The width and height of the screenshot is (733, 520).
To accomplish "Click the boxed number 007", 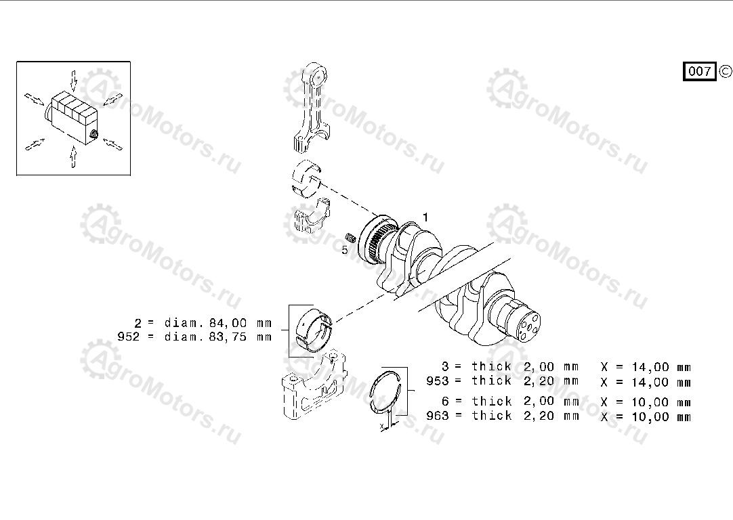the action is click(699, 72).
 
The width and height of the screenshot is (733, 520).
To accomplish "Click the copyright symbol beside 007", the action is click(725, 72).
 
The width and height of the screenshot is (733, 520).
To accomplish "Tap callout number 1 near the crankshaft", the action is click(425, 217).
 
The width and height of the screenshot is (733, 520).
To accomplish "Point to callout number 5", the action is click(345, 250).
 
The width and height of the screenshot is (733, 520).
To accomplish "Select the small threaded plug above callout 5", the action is click(352, 238).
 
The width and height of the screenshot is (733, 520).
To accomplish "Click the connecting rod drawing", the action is click(312, 108).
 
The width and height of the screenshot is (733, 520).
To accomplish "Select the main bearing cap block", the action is click(314, 386).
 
